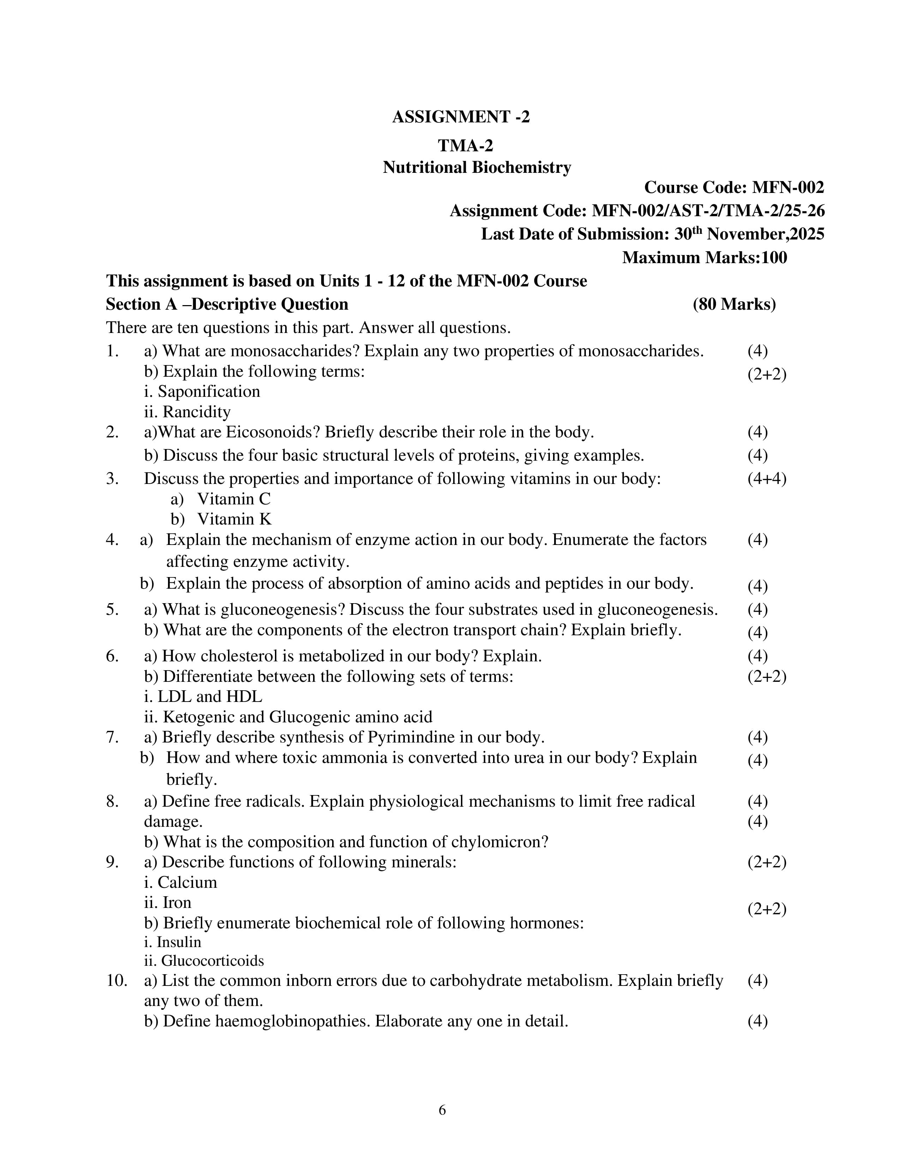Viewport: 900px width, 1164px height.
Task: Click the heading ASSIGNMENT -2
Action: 461,117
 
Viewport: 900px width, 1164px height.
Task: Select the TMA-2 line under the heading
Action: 466,145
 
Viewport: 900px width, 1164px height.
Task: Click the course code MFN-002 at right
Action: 787,188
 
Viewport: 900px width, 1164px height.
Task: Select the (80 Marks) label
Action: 734,304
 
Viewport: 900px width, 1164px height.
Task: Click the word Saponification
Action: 209,392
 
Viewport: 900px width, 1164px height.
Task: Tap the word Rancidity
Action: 196,412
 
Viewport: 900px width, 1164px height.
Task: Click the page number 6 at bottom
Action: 442,1110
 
